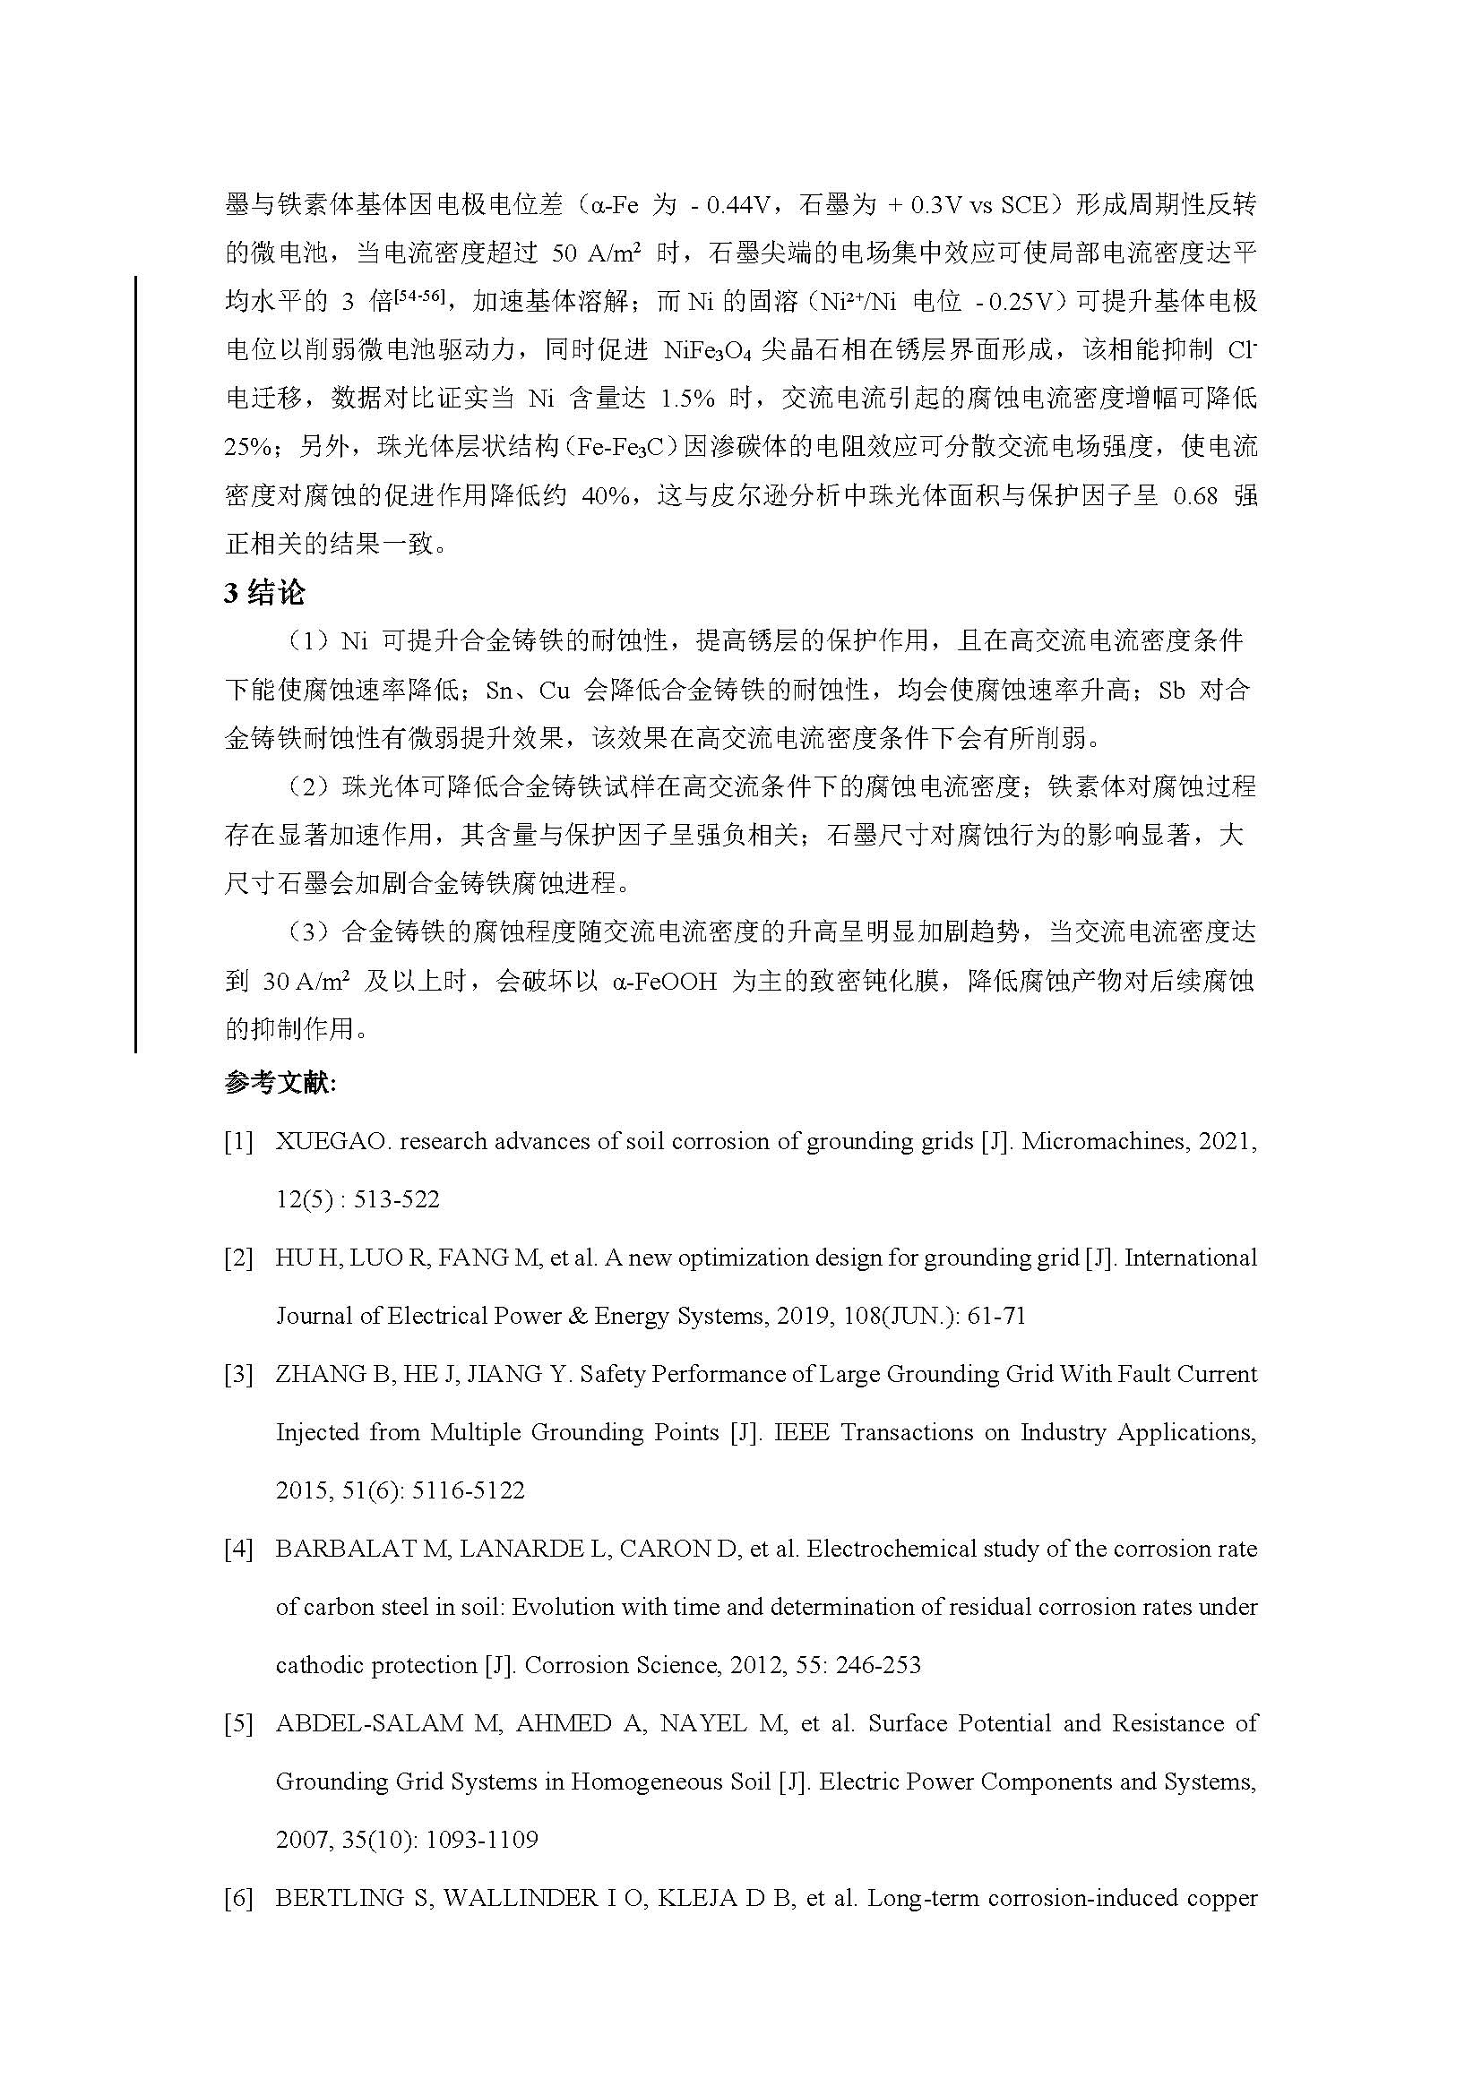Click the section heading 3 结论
point(264,593)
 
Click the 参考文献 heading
point(280,1083)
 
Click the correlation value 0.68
point(1195,496)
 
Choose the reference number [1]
point(238,1142)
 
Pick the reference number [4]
point(238,1549)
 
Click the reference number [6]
point(238,1898)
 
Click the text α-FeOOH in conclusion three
point(665,982)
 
